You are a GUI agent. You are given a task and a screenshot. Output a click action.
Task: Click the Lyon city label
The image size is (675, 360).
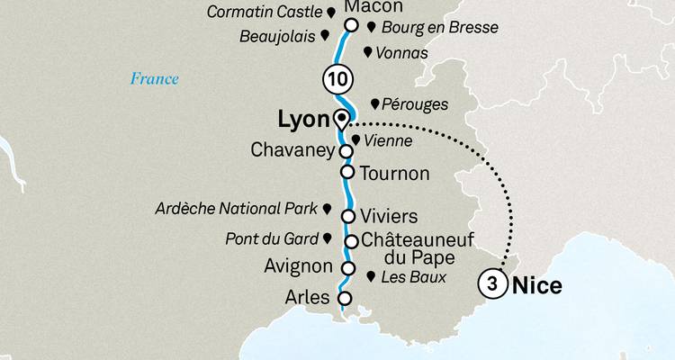pos(299,121)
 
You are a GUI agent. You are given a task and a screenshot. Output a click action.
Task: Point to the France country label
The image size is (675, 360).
pos(154,78)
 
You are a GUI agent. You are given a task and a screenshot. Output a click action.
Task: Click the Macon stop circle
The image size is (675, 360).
pos(352,25)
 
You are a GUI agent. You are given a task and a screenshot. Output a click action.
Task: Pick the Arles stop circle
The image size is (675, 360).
pos(343,298)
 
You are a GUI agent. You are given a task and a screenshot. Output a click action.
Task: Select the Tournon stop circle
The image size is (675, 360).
pos(346,171)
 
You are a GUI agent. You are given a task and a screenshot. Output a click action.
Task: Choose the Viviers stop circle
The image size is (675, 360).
pos(347,215)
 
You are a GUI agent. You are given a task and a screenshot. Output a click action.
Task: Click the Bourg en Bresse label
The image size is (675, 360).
pos(434,28)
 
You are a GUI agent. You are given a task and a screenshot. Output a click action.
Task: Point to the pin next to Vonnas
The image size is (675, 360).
pos(366,53)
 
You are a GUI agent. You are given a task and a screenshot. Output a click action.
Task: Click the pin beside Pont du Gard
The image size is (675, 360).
pos(327,238)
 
